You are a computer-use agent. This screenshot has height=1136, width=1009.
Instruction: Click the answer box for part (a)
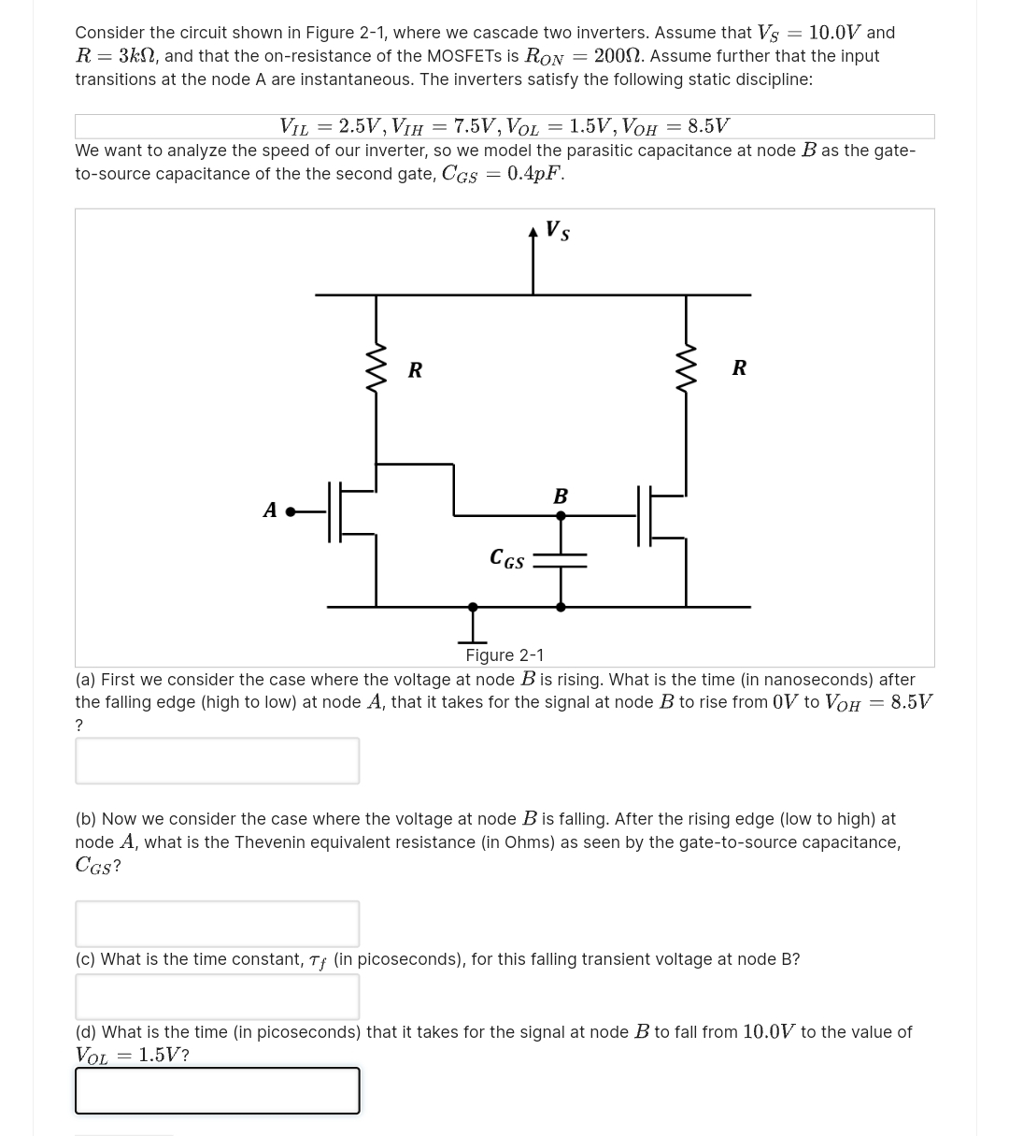[x=217, y=760]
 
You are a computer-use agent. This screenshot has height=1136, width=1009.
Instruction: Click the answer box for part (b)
[x=217, y=924]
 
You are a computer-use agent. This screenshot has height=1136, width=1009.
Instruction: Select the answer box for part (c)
[x=217, y=997]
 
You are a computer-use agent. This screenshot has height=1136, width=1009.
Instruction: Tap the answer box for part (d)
[x=217, y=1090]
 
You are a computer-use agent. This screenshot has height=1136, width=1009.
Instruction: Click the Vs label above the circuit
[x=558, y=231]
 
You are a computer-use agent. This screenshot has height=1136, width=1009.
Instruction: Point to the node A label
[x=270, y=510]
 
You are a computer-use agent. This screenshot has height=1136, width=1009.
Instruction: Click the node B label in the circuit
[x=561, y=496]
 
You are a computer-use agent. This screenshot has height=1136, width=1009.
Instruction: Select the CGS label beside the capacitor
[x=507, y=559]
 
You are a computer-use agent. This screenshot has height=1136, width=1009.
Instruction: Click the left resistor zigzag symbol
[x=376, y=369]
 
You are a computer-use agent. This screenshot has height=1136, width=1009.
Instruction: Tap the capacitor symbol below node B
[x=561, y=560]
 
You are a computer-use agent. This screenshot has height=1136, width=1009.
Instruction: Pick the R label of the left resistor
[x=415, y=370]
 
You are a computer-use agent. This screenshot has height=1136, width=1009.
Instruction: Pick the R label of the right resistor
[x=739, y=367]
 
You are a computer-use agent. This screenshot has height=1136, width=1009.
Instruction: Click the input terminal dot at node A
[x=291, y=511]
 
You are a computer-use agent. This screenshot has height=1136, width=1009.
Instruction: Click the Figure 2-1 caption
[x=504, y=655]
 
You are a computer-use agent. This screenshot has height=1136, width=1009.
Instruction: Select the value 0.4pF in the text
[x=535, y=174]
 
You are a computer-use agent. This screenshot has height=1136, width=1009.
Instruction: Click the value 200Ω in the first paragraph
[x=616, y=56]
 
